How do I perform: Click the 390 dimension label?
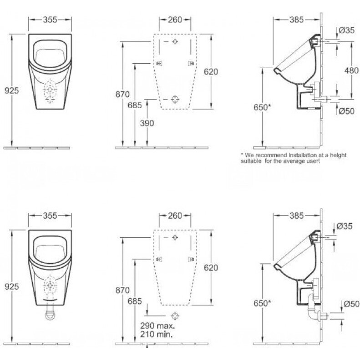pyautogui.click(x=147, y=123)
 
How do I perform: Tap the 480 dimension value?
pyautogui.click(x=351, y=70)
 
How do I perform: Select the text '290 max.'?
pyautogui.click(x=157, y=325)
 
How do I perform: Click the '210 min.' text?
pyautogui.click(x=156, y=334)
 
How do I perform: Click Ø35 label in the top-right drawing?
pyautogui.click(x=347, y=30)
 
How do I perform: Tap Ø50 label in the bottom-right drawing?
pyautogui.click(x=351, y=304)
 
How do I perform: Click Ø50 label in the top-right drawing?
pyautogui.click(x=347, y=111)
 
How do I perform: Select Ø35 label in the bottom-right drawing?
pyautogui.click(x=345, y=226)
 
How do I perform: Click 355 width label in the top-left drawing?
pyautogui.click(x=50, y=20)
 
